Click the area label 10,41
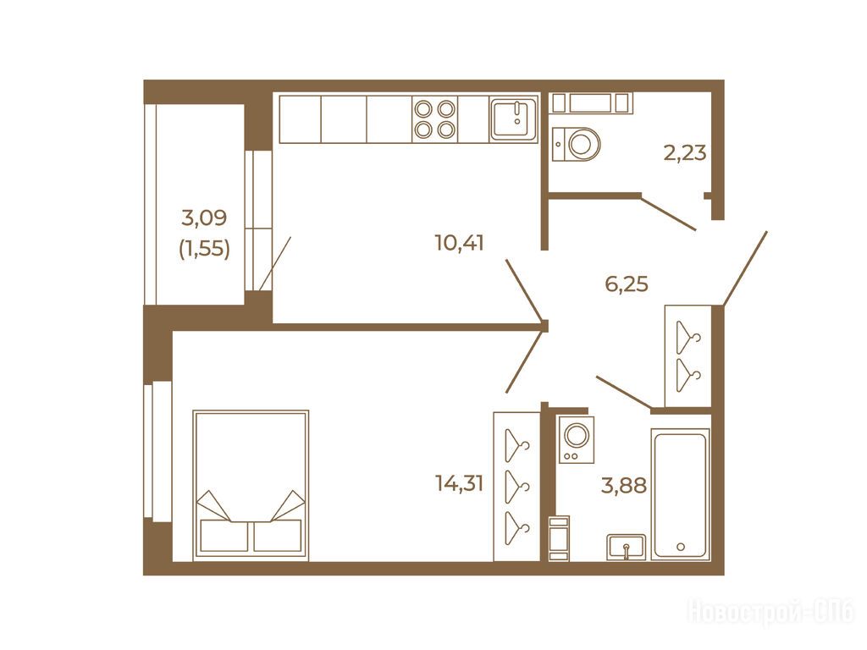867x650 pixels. click(x=459, y=243)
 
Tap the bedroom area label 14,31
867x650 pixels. click(x=459, y=484)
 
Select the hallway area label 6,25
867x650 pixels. click(x=627, y=284)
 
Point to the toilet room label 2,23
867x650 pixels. click(x=684, y=152)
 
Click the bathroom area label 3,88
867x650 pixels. click(x=624, y=486)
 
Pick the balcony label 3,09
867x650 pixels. click(x=204, y=218)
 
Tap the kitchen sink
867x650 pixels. click(x=514, y=118)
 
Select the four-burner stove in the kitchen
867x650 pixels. click(x=434, y=118)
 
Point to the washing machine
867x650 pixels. click(x=575, y=439)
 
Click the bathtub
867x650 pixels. click(x=680, y=494)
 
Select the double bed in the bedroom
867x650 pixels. click(x=251, y=484)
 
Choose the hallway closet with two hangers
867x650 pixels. click(x=688, y=356)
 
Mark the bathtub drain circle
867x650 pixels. click(x=681, y=547)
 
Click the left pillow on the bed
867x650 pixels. click(x=224, y=536)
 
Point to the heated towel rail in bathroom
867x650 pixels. click(x=559, y=537)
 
